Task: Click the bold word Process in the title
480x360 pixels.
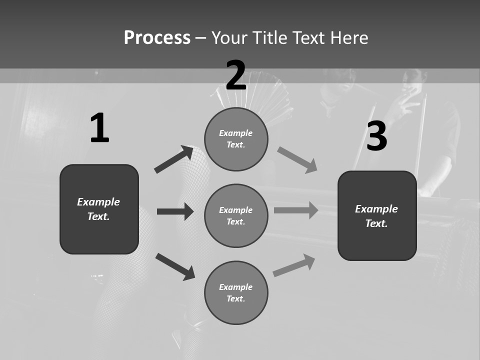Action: [157, 38]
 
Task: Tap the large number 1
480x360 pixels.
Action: [99, 128]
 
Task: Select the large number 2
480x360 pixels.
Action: [236, 75]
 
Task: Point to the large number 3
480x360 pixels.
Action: [377, 136]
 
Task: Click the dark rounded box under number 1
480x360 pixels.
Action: [99, 209]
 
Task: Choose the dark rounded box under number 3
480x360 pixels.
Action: [377, 216]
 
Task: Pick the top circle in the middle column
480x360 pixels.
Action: [236, 139]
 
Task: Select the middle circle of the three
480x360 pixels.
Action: [236, 216]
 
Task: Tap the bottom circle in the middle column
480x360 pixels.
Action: [236, 293]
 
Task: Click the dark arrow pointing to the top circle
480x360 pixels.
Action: [174, 159]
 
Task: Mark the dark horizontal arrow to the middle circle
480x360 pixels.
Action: [175, 211]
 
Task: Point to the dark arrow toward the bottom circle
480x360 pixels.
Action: [175, 266]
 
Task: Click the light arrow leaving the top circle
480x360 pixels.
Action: [297, 160]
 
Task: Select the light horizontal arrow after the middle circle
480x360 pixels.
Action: [296, 210]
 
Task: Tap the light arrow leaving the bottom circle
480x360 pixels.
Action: [294, 265]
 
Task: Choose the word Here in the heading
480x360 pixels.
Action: [349, 38]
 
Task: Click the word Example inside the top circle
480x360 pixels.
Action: [236, 133]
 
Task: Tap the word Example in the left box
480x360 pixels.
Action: [98, 202]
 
